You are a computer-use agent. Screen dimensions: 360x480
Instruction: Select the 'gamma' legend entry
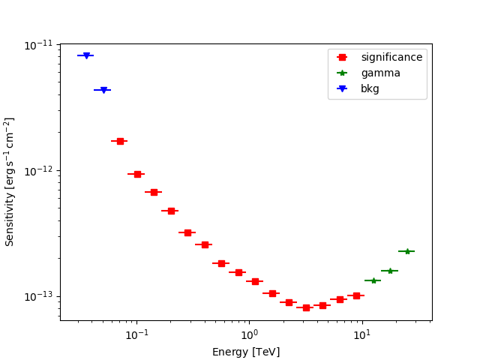380,73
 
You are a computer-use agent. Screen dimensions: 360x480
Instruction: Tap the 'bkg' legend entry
370,88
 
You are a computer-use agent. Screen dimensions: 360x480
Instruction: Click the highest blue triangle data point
86,55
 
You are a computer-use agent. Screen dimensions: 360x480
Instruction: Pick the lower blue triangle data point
103,90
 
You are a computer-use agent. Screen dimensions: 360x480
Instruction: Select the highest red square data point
120,141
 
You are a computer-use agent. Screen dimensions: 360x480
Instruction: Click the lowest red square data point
306,307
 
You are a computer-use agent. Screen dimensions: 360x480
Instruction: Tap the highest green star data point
406,251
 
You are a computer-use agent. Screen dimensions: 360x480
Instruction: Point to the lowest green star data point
373,280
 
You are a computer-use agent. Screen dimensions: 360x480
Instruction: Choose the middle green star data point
389,271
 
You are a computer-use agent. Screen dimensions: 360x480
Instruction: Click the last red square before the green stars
356,295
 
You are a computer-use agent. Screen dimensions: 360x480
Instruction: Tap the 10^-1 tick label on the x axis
136,334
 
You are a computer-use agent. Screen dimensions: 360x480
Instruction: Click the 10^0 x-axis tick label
249,334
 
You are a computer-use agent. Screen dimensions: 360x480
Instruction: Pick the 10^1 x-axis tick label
361,334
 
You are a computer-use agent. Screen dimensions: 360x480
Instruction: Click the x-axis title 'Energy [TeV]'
246,352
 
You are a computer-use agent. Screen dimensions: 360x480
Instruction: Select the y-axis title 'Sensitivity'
10,181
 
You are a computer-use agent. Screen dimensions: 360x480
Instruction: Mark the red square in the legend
342,57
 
